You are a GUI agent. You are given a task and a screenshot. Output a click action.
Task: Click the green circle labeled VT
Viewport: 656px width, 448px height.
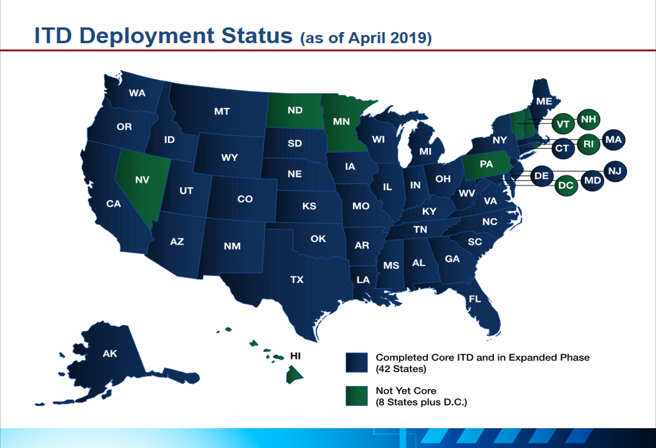point(563,124)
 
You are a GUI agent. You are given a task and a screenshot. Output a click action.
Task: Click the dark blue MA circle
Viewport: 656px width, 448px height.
point(613,140)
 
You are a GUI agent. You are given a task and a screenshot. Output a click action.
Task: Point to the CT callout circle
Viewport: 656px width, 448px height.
point(562,149)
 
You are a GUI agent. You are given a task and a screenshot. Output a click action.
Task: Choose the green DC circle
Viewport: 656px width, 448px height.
point(565,186)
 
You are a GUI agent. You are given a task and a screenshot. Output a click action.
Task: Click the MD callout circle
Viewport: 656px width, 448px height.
point(592,181)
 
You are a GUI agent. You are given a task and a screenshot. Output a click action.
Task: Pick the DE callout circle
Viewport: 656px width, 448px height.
point(541,175)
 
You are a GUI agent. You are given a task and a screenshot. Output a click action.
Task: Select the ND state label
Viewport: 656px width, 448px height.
point(295,110)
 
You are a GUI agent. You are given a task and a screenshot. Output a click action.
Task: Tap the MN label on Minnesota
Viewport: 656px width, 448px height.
point(341,122)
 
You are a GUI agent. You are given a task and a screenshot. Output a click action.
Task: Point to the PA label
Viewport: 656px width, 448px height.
point(486,165)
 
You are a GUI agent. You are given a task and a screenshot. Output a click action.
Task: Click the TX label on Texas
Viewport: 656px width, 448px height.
point(297,280)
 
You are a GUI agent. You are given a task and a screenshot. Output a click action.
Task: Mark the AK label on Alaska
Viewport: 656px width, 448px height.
point(110,353)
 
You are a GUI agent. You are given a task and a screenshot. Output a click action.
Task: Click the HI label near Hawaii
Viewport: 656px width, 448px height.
point(296,354)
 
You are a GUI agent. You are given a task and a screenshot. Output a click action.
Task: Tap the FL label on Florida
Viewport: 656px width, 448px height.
point(475,299)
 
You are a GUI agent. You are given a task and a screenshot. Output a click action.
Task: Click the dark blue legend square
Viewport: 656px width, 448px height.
point(356,362)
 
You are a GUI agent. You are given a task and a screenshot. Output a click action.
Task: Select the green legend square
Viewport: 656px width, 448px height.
point(356,396)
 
